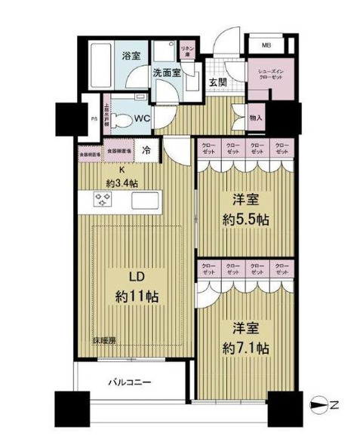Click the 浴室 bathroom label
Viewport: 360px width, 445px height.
coord(132,54)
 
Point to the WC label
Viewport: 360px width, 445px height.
coord(143,118)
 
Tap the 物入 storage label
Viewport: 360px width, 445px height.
coord(255,118)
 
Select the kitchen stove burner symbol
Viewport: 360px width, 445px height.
coord(103,200)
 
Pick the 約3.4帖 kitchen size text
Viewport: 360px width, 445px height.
coord(121,183)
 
